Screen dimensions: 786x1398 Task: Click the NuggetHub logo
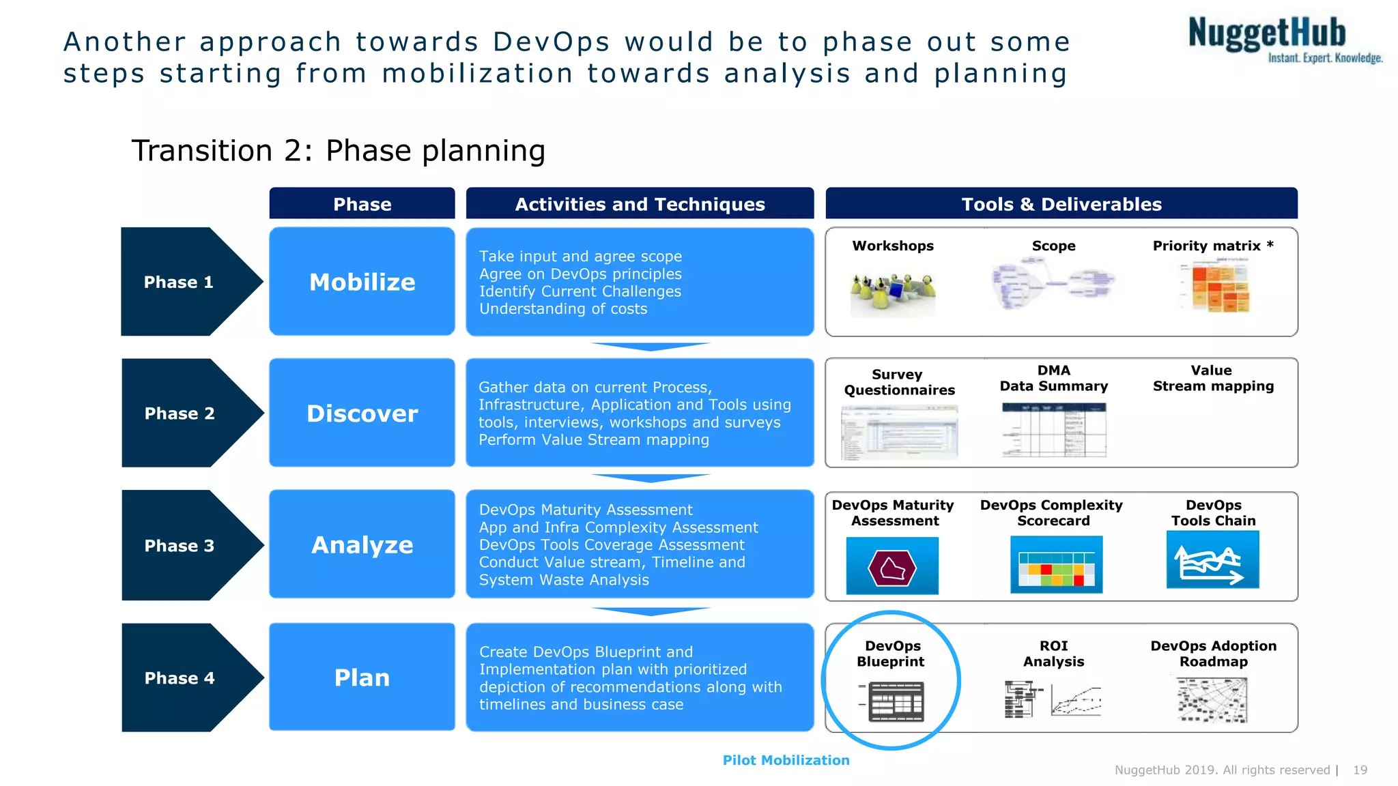coord(1283,40)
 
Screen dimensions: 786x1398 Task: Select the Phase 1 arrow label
coord(179,282)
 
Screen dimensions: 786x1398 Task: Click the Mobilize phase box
coord(362,282)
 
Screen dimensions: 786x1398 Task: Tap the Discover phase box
coord(362,413)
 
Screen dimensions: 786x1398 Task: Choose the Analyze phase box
coord(362,544)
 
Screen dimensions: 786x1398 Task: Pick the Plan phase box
coord(362,678)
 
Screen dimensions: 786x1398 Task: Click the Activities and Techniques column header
coord(640,204)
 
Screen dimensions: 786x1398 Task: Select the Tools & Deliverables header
coord(1061,204)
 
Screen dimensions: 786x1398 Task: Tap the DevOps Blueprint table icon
coord(896,701)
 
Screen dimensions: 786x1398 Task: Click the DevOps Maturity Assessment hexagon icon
coord(892,566)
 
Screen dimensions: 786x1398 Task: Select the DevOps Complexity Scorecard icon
coord(1056,565)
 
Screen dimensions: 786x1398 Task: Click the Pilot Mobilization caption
coord(786,760)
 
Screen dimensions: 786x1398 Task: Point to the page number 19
coord(1360,770)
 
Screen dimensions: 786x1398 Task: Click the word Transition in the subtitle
coord(202,151)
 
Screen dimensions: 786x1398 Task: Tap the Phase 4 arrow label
coord(180,678)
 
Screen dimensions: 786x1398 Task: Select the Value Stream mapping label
coord(1212,378)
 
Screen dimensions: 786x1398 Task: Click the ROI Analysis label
coord(1053,654)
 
